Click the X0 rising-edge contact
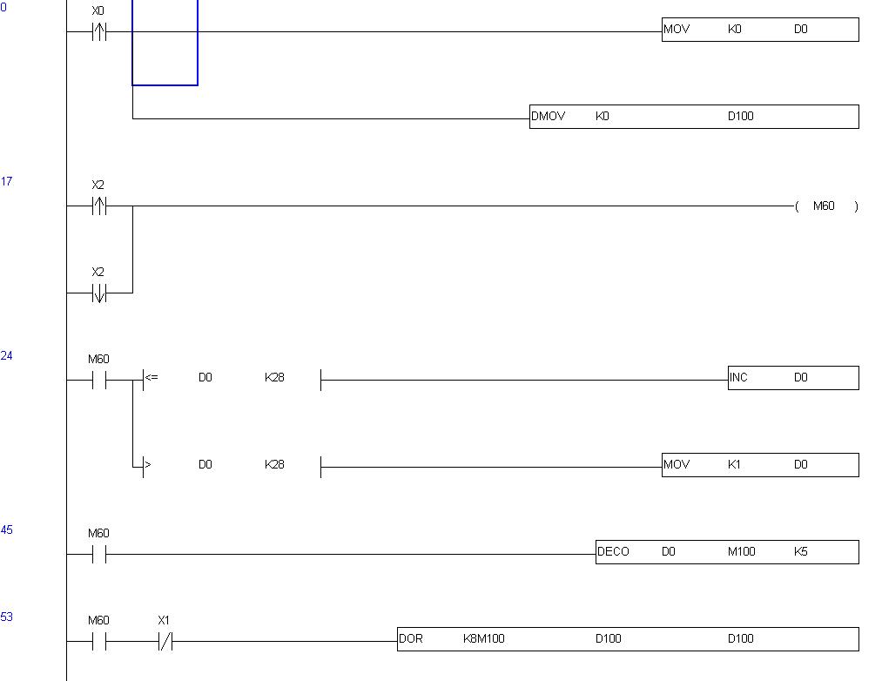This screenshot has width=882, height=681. pos(98,32)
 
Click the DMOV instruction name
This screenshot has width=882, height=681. pos(548,116)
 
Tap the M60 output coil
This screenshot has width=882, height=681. pos(824,206)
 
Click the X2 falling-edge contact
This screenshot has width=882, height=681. pos(98,293)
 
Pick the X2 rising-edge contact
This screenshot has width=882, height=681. pos(98,206)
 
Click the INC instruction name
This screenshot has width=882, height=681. pos(739,377)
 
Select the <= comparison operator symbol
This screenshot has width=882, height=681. pos(151,378)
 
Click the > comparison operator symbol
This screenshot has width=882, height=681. pos(147,465)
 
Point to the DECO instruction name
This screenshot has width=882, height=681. pos(613,551)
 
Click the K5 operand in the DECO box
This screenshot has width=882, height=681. pos(800,551)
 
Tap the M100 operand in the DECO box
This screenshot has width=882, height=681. pos(742,551)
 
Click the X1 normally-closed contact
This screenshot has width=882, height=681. pos(164,642)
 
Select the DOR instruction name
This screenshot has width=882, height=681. pos(411,638)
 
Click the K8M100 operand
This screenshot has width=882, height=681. pos(484,638)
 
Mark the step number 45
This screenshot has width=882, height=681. pos(7,529)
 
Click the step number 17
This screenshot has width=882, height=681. pos(7,181)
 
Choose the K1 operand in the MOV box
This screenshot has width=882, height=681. pos(734,464)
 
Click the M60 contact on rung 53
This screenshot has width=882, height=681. pos(98,642)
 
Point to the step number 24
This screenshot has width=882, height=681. pos(7,355)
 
